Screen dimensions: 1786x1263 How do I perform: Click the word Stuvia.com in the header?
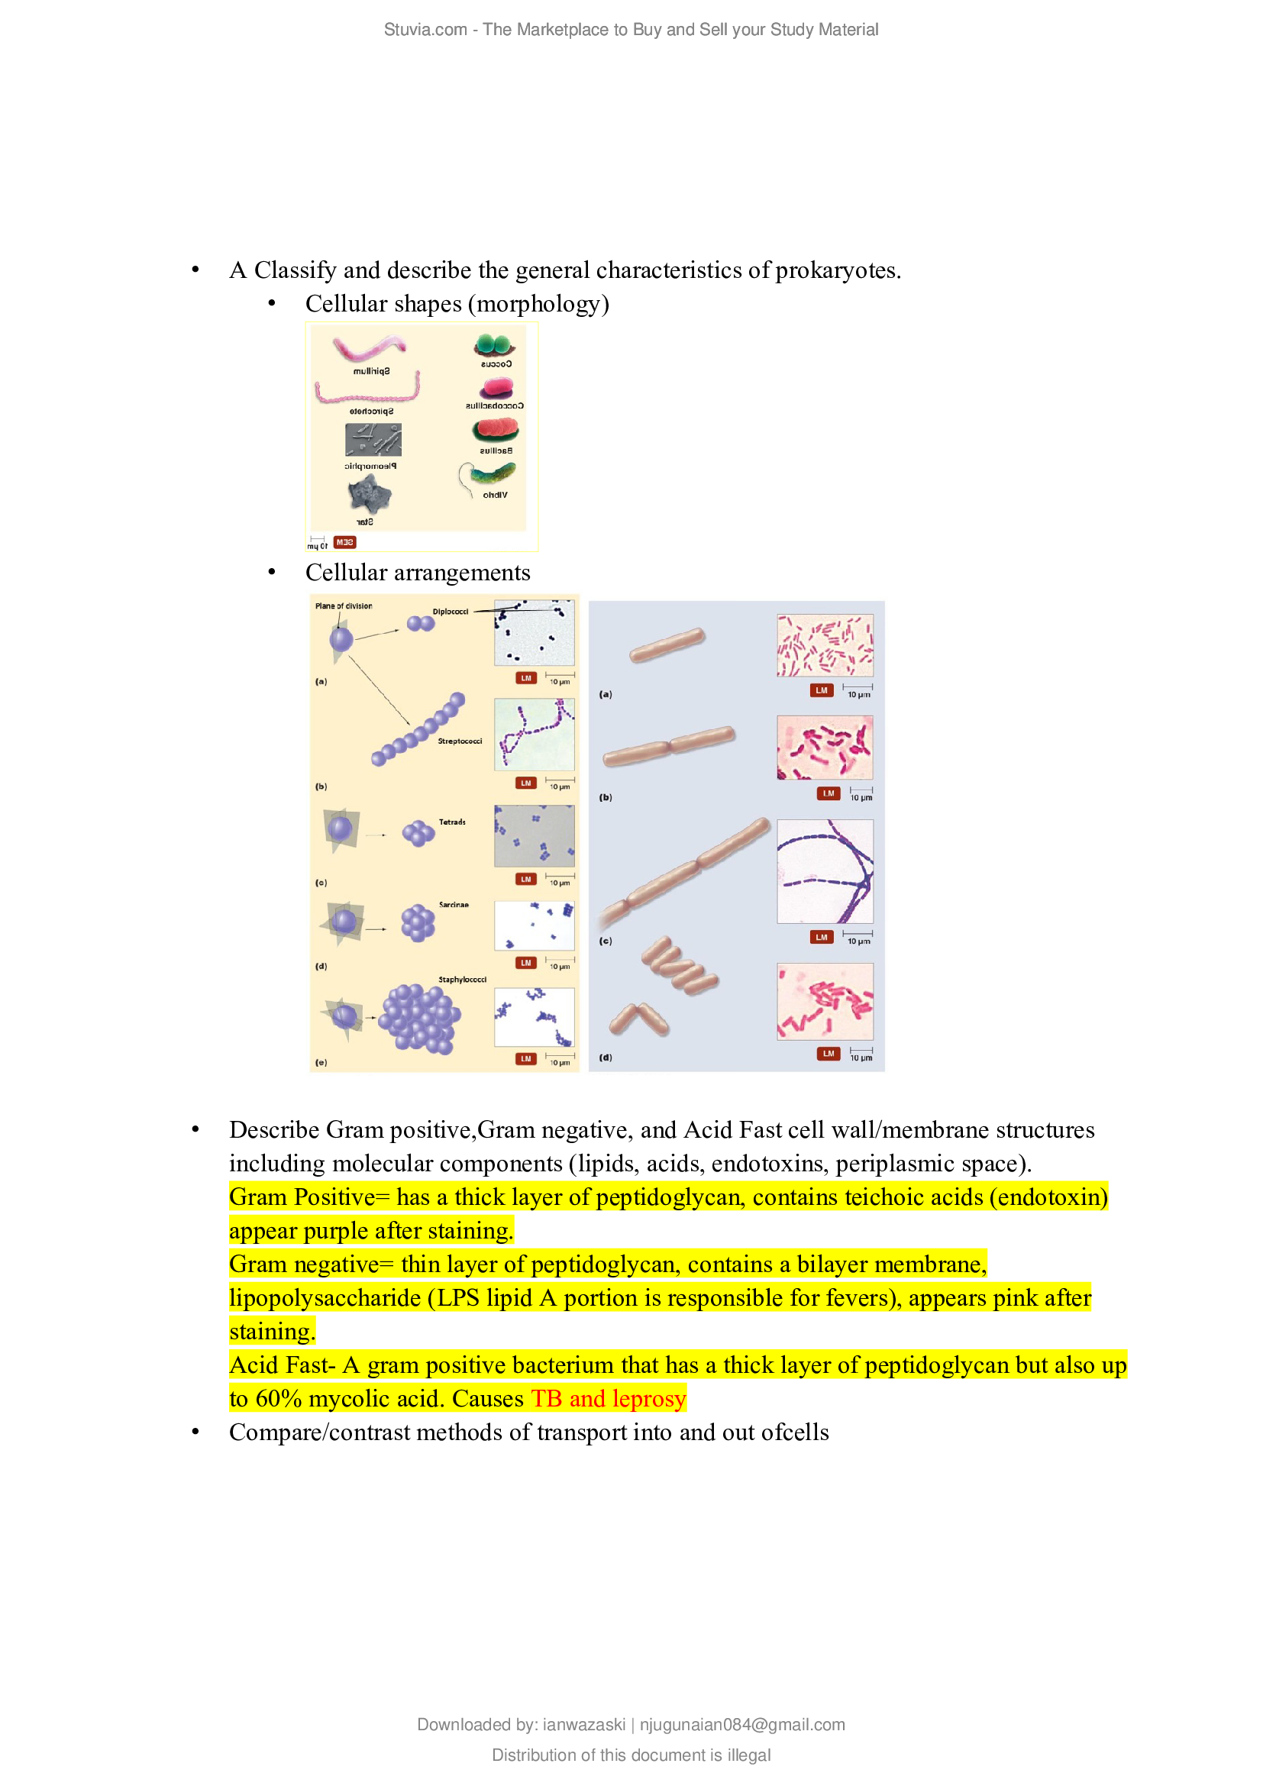pos(425,30)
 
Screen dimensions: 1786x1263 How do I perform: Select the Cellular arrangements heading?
pos(418,573)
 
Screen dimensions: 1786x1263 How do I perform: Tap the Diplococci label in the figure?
pos(451,612)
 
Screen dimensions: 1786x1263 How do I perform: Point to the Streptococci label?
pos(460,741)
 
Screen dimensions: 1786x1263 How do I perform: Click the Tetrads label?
pos(452,822)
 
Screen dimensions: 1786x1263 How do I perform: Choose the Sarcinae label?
pos(454,905)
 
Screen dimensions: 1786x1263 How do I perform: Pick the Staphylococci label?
pos(462,980)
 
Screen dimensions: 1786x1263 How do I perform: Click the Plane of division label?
pos(343,606)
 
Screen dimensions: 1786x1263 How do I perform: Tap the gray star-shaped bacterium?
pos(368,495)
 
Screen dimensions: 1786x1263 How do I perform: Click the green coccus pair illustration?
pos(494,344)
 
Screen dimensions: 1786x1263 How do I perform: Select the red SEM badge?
pos(344,542)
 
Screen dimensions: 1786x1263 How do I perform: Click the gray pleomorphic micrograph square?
pos(373,440)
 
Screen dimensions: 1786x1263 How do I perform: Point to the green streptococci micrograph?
pos(535,735)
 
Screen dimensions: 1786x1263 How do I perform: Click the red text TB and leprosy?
pos(608,1399)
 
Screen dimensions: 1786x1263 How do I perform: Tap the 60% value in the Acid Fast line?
pos(279,1399)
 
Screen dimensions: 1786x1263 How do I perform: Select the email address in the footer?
pos(742,1725)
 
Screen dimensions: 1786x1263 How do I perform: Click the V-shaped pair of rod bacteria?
pos(638,1019)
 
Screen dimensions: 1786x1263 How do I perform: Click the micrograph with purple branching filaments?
pos(825,871)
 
